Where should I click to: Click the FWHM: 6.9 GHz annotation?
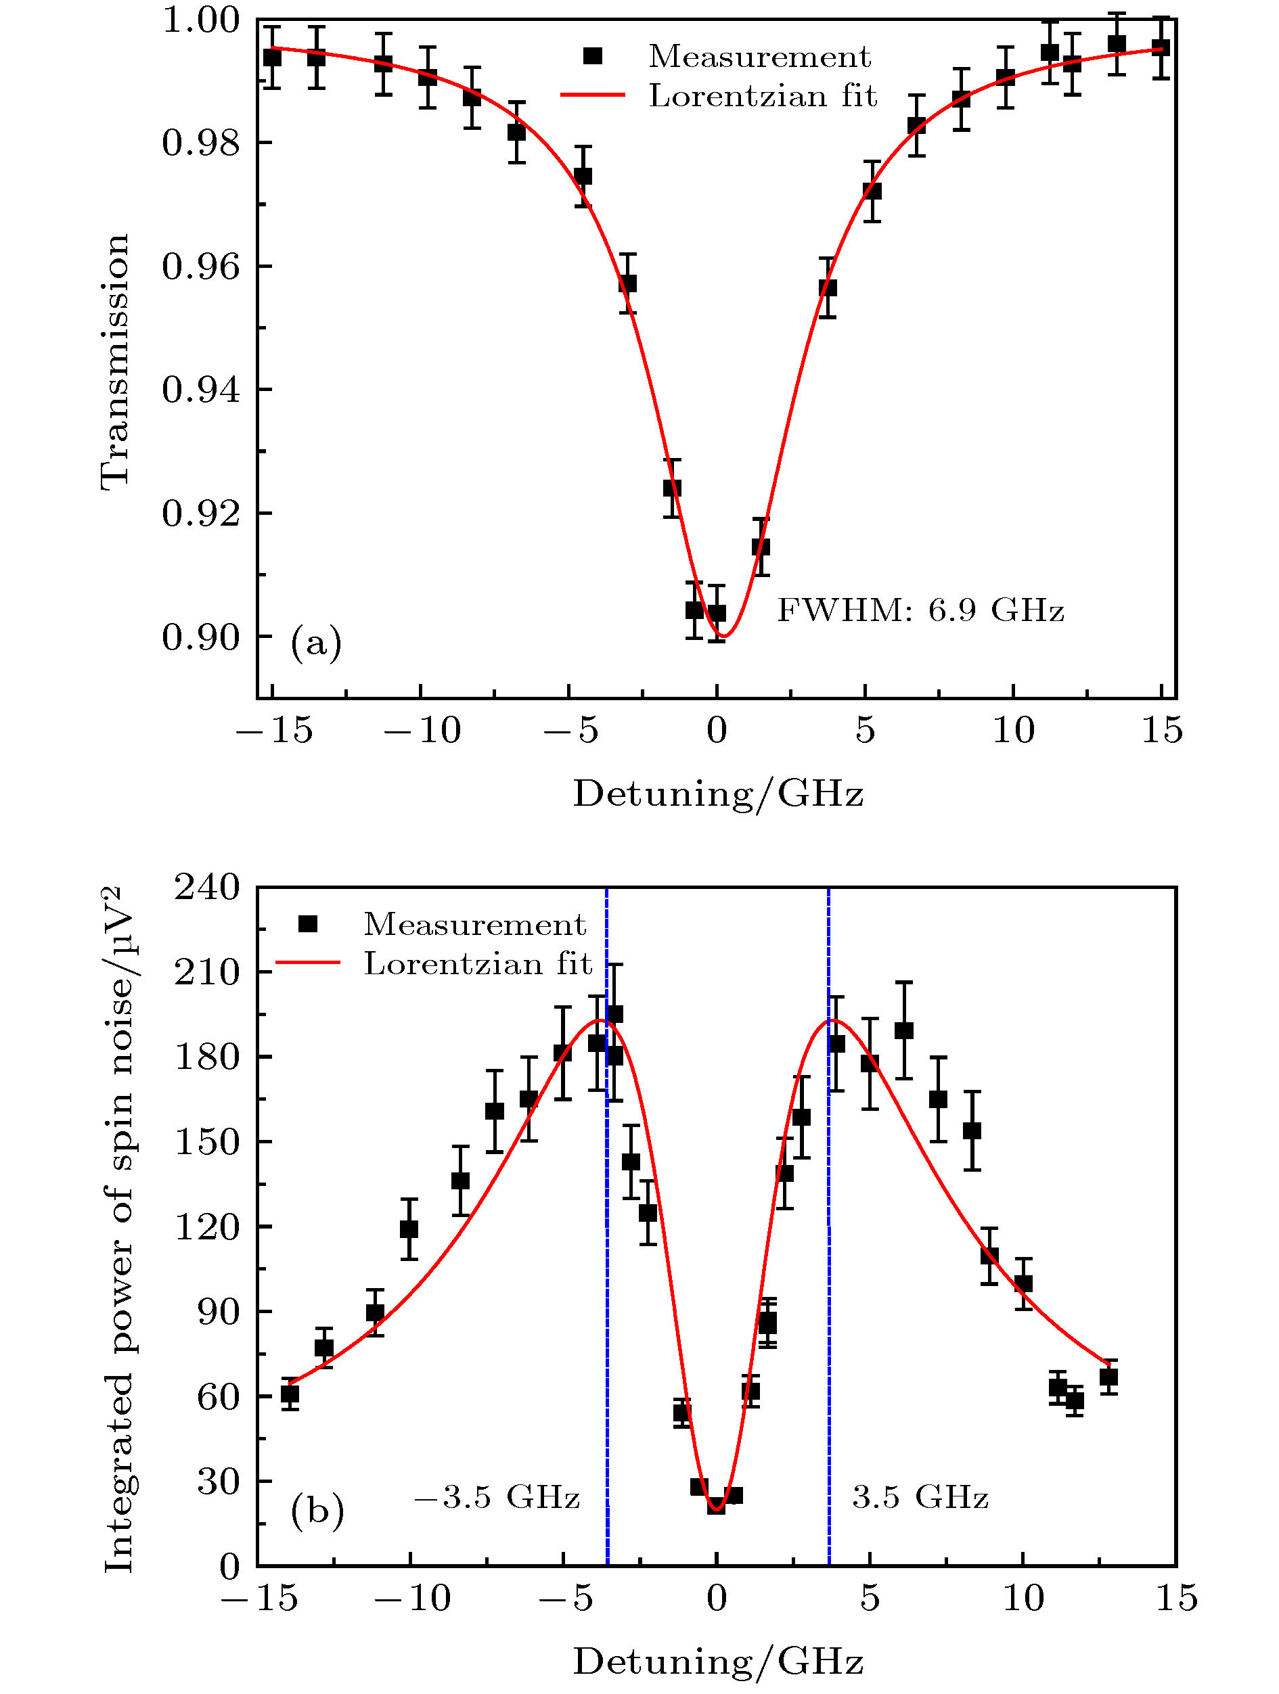coord(920,610)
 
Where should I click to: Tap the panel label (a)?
coord(315,642)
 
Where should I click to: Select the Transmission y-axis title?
coord(116,361)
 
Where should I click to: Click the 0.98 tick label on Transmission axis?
coord(201,143)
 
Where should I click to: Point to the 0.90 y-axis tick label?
coord(201,637)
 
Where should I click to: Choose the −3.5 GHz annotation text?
coord(497,1496)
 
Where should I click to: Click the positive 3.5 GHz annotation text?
coord(920,1496)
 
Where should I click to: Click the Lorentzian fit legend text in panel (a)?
coord(762,96)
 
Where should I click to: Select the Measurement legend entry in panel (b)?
coord(474,924)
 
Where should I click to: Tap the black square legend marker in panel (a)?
coord(593,56)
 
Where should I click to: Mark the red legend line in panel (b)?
coord(307,963)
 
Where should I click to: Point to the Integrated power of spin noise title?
coord(120,1229)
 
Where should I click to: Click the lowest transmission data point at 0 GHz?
coord(716,613)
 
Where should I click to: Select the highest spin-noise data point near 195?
coord(614,1015)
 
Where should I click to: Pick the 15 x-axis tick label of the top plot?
coord(1162,731)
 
